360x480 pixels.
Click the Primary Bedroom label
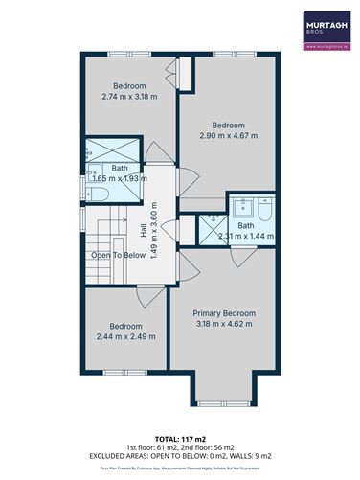point(223,313)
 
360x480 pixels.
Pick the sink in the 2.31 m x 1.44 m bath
point(240,206)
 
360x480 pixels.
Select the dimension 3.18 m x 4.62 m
point(223,325)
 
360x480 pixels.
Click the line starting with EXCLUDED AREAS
point(179,457)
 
